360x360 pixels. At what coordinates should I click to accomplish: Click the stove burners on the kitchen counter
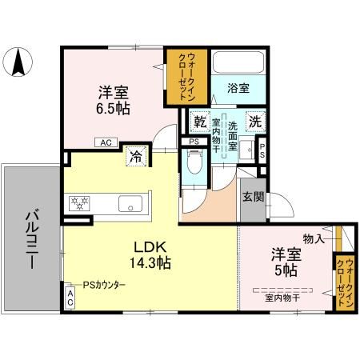tap(81, 203)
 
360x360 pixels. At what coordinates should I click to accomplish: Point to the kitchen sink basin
tap(130, 203)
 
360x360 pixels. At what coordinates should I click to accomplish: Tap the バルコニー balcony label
tap(32, 238)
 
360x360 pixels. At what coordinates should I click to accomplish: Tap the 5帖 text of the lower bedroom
tap(283, 269)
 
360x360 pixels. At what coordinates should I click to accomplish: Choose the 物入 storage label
tap(313, 238)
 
